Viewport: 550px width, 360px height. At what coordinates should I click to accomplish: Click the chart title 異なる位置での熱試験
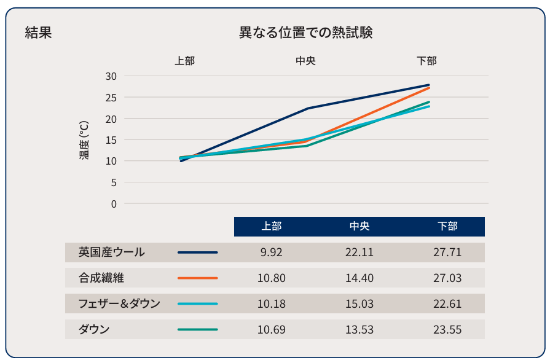pyautogui.click(x=305, y=33)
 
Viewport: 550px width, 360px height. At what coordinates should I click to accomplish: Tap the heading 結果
pyautogui.click(x=38, y=33)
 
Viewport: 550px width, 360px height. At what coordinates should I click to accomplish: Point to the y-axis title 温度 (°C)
pyautogui.click(x=84, y=139)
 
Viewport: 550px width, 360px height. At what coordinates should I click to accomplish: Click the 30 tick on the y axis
pyautogui.click(x=111, y=76)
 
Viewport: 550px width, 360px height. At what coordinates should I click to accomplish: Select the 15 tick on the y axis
pyautogui.click(x=111, y=139)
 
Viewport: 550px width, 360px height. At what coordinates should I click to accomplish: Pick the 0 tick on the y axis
pyautogui.click(x=113, y=203)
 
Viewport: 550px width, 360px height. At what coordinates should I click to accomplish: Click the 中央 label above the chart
pyautogui.click(x=305, y=61)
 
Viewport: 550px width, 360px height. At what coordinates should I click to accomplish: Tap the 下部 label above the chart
pyautogui.click(x=426, y=61)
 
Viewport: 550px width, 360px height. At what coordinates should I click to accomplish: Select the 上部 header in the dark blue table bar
pyautogui.click(x=271, y=226)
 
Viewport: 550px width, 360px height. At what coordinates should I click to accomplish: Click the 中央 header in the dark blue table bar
pyautogui.click(x=359, y=226)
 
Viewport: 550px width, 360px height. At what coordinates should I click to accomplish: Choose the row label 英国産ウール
pyautogui.click(x=112, y=252)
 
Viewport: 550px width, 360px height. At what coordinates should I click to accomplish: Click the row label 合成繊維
pyautogui.click(x=101, y=278)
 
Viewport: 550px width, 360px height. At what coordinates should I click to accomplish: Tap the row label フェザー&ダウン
pyautogui.click(x=119, y=303)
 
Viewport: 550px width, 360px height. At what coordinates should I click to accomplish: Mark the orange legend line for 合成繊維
pyautogui.click(x=197, y=278)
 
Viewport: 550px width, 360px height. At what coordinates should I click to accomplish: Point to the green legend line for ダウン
pyautogui.click(x=197, y=329)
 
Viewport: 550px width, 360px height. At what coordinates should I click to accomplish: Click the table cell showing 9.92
pyautogui.click(x=271, y=252)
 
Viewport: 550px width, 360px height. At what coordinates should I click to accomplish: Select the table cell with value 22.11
pyautogui.click(x=359, y=252)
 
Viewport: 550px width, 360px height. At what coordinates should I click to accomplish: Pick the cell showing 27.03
pyautogui.click(x=447, y=278)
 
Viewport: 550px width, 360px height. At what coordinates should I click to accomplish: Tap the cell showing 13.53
pyautogui.click(x=359, y=330)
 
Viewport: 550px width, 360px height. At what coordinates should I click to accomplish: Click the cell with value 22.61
pyautogui.click(x=447, y=304)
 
